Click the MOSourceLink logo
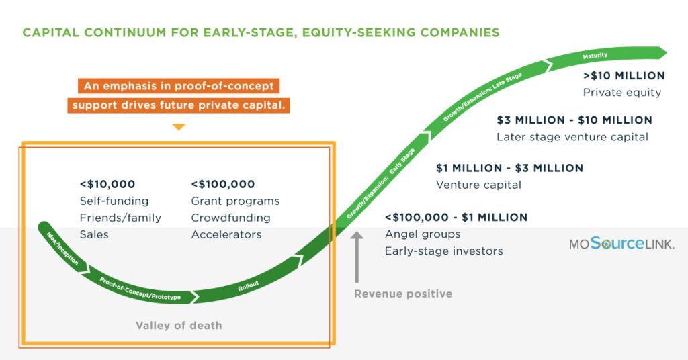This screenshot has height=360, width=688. coord(621,243)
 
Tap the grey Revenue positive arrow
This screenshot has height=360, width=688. coord(357,257)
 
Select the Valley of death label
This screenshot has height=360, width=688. coord(179,325)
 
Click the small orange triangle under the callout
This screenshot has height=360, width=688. coord(179,127)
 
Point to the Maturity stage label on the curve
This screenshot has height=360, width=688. coord(595,56)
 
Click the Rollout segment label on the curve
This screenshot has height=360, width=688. coord(249,286)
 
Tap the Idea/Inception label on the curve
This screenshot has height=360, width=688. coord(62,249)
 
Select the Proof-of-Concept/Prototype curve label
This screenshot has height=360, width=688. coord(140,289)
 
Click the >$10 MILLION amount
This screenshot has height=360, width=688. coord(624,75)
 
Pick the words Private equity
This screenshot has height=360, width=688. coord(621,93)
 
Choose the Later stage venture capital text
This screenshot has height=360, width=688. coord(572,137)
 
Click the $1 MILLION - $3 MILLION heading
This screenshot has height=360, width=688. coord(509,168)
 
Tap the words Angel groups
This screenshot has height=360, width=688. coord(423,234)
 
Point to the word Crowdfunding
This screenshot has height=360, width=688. coord(231,218)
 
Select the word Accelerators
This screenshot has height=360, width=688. coord(226,234)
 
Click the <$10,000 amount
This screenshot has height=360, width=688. coord(107,184)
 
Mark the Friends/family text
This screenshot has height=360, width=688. coord(120,218)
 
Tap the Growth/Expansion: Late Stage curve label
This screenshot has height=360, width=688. coord(482,97)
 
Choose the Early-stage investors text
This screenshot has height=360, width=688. coord(443,251)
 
